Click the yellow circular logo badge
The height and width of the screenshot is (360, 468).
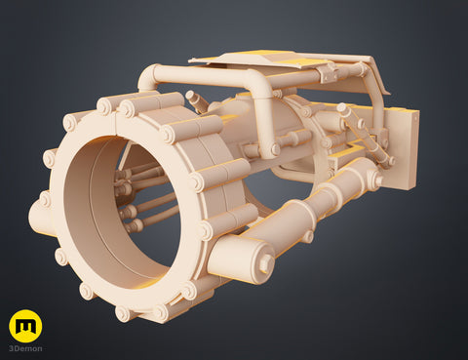(25, 326)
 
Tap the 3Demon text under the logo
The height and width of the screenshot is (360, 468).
(25, 348)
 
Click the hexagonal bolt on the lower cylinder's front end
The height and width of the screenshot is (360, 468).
(265, 261)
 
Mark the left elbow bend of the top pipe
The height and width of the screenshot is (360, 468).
(148, 76)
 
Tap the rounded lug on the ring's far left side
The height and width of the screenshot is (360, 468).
(41, 218)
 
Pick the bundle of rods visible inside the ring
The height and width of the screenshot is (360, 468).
(136, 200)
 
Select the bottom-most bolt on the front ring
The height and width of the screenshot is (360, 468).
(124, 313)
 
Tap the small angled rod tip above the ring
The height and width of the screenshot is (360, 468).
(192, 99)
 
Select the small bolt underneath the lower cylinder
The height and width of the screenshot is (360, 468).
(308, 235)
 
